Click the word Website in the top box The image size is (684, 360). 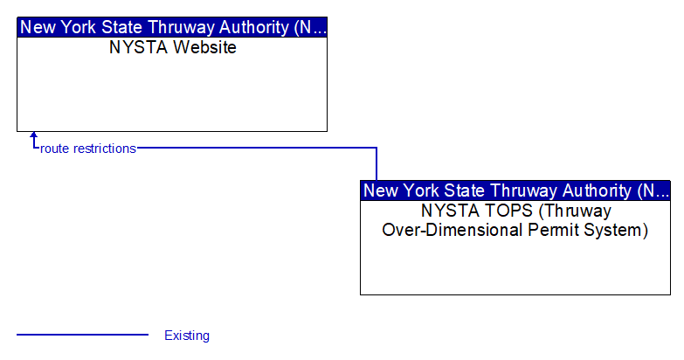tap(204, 47)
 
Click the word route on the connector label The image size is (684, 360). tap(54, 149)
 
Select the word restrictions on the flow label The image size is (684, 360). tap(105, 149)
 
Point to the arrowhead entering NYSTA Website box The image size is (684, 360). tap(33, 135)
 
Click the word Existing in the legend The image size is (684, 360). tap(187, 336)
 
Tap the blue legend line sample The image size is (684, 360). tap(82, 335)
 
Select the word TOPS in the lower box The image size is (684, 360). tap(513, 211)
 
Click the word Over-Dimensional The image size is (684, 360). tap(453, 230)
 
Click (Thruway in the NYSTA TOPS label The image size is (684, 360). tap(575, 211)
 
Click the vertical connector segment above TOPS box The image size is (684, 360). tap(376, 164)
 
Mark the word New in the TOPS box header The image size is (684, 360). tap(381, 190)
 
